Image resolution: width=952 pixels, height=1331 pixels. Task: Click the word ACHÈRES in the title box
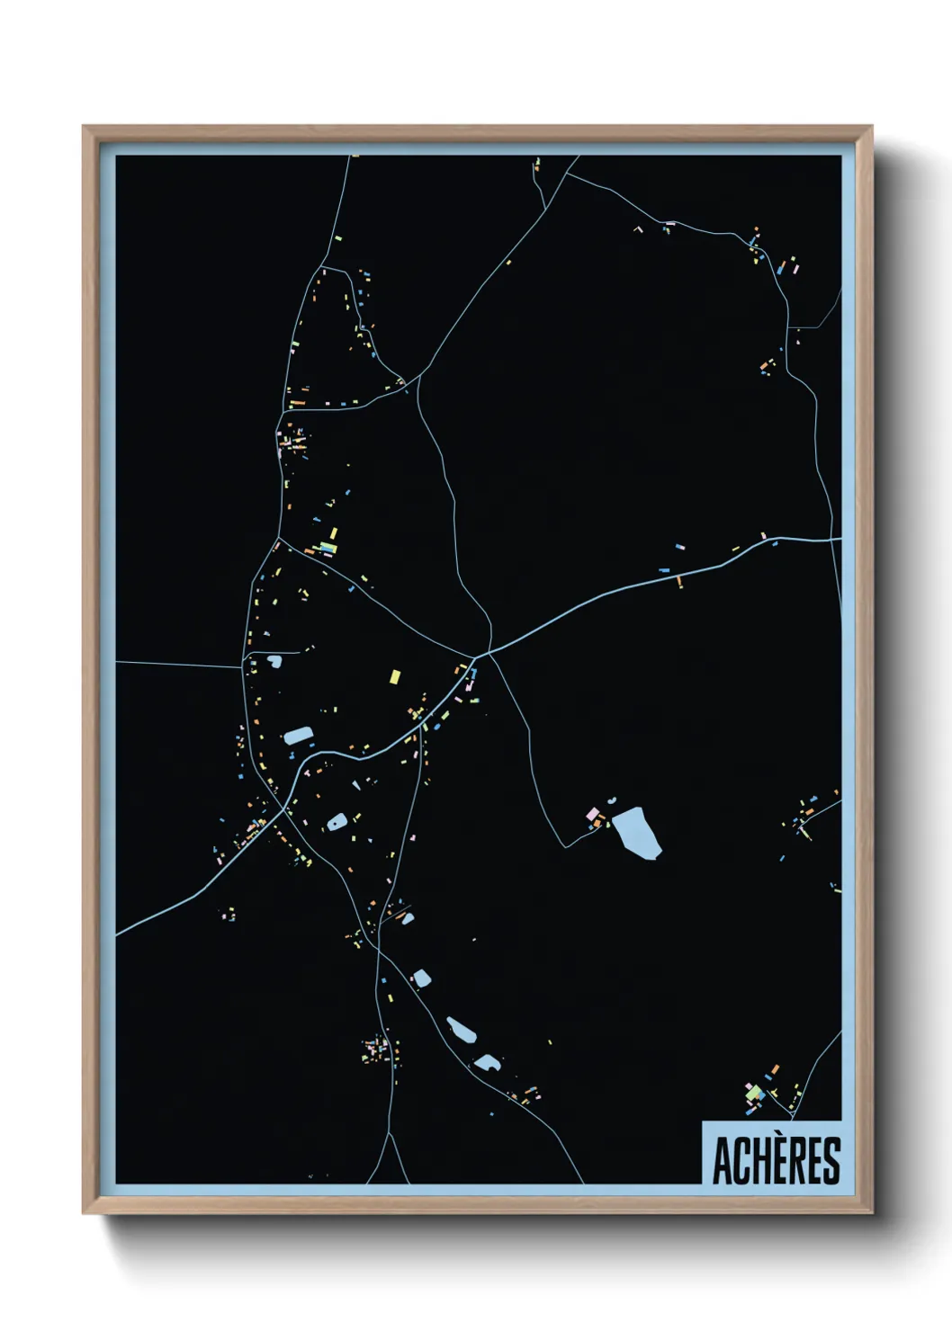pyautogui.click(x=777, y=1160)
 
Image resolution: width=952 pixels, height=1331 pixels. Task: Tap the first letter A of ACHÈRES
pyautogui.click(x=723, y=1161)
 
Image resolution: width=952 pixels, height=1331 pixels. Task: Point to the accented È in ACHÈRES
pyautogui.click(x=776, y=1160)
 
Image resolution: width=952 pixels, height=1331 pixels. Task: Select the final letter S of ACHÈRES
pyautogui.click(x=831, y=1161)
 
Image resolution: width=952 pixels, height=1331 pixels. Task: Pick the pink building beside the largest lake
pyautogui.click(x=593, y=814)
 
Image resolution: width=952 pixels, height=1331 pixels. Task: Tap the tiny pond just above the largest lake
pyautogui.click(x=612, y=800)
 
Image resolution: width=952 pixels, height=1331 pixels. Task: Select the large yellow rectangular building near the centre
pyautogui.click(x=394, y=676)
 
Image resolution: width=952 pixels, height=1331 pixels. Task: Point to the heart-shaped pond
pyautogui.click(x=274, y=662)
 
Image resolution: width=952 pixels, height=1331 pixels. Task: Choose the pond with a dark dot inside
pyautogui.click(x=337, y=820)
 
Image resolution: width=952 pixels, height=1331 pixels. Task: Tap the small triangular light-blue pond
pyautogui.click(x=356, y=785)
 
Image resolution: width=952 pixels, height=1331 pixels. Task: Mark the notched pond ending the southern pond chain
pyautogui.click(x=488, y=1062)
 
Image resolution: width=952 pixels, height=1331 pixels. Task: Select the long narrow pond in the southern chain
pyautogui.click(x=462, y=1030)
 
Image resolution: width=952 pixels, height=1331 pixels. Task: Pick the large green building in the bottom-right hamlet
pyautogui.click(x=757, y=1093)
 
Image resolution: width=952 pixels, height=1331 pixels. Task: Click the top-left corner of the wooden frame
pyautogui.click(x=85, y=128)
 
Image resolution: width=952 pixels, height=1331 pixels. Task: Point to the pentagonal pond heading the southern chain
pyautogui.click(x=421, y=978)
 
